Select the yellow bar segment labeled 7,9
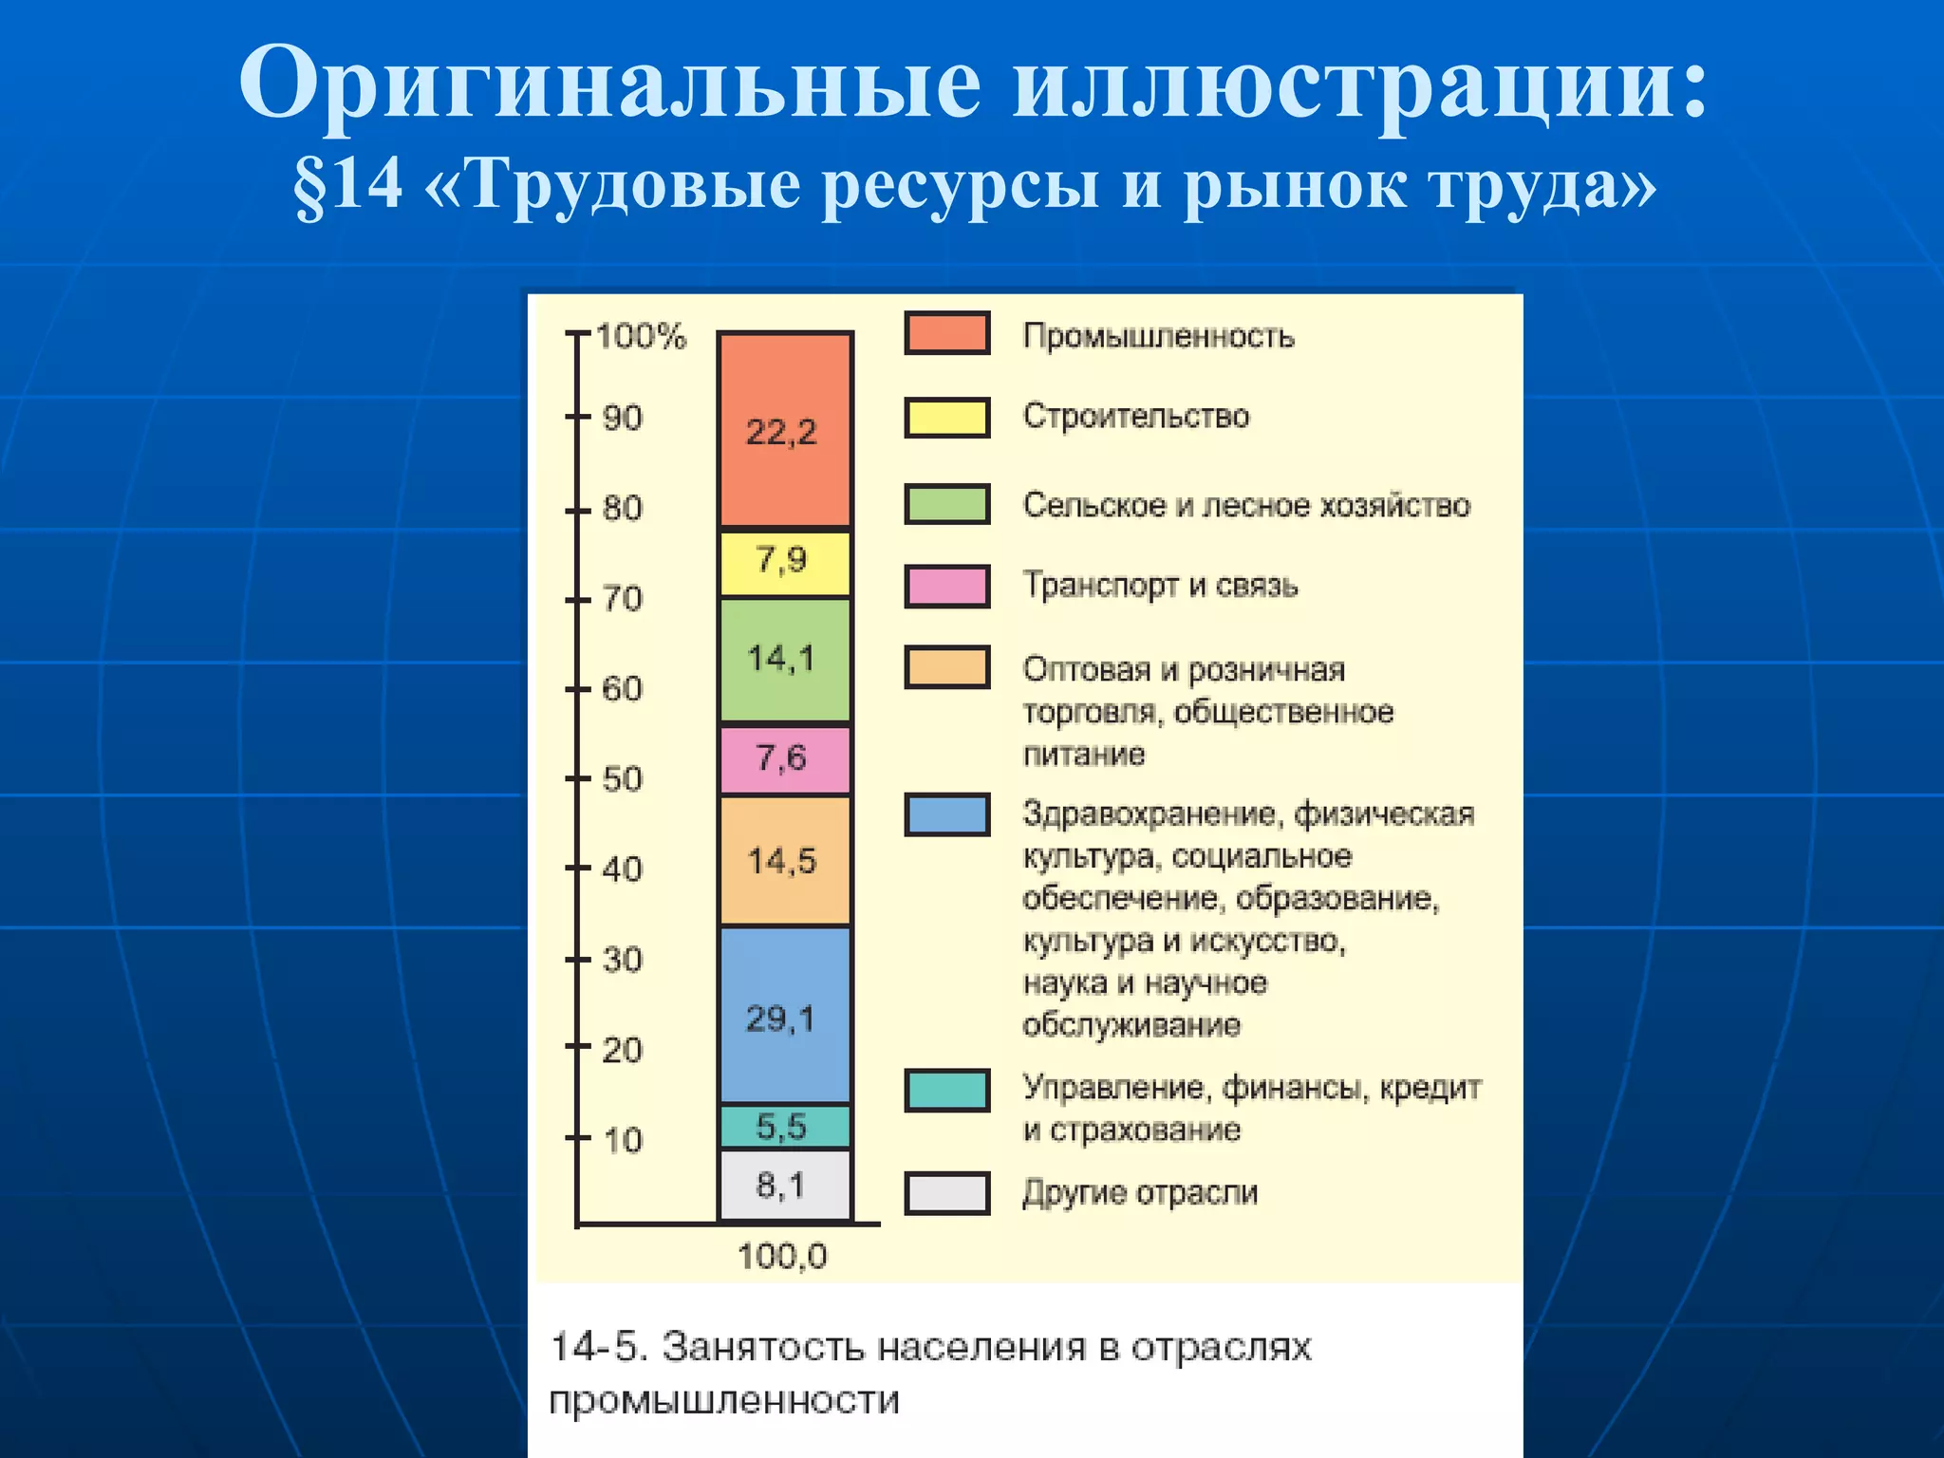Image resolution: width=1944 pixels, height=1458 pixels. [784, 562]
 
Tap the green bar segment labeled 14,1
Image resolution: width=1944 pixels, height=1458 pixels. [784, 659]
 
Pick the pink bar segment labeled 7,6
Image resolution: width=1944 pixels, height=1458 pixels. [784, 758]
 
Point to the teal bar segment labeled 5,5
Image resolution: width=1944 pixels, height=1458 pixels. [784, 1127]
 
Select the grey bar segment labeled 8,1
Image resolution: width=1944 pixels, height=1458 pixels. [784, 1185]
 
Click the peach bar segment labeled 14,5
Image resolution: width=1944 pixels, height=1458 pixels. [784, 860]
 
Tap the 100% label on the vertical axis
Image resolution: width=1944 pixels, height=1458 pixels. [641, 336]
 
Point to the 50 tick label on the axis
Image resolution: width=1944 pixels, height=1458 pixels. [622, 779]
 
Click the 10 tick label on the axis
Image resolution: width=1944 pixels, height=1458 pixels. [622, 1140]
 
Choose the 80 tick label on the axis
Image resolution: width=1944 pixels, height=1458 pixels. [622, 509]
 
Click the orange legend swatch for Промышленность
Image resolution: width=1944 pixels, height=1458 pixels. [946, 333]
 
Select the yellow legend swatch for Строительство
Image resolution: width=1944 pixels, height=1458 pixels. [946, 418]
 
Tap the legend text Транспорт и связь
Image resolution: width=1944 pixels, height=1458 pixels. [1160, 586]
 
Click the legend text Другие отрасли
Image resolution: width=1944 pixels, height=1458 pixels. [1140, 1192]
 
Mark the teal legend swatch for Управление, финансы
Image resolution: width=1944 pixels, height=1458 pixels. [946, 1090]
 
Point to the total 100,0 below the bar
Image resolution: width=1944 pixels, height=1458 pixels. [782, 1257]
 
